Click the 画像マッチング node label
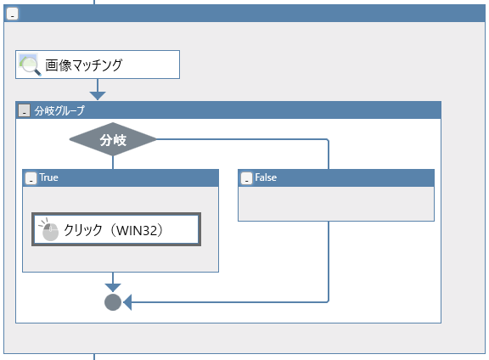83,65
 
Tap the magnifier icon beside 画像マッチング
30,65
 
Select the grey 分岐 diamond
113,139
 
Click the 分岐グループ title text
59,110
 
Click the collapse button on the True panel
31,178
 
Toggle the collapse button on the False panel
246,178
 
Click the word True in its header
48,177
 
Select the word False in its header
266,177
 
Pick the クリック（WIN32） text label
113,230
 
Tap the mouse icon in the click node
49,230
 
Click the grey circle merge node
113,302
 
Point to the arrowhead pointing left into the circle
127,302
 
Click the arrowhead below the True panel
113,288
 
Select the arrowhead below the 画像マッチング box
98,96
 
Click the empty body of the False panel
336,204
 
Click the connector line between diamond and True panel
113,162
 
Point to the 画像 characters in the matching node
59,65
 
